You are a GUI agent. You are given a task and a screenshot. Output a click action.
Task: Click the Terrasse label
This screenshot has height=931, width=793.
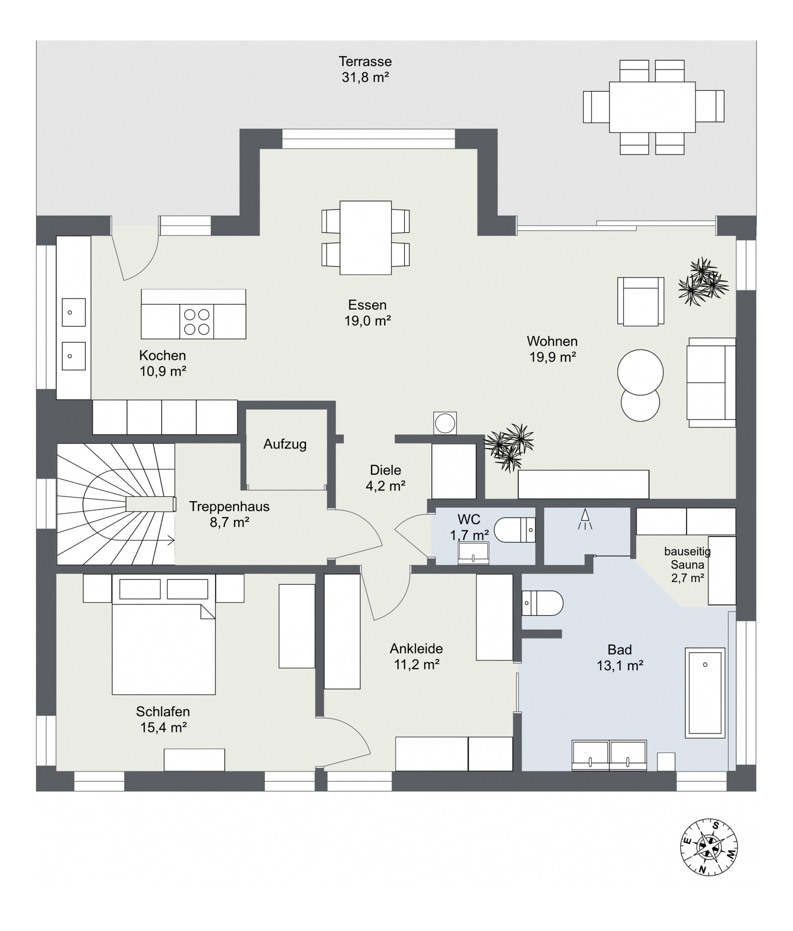(x=365, y=61)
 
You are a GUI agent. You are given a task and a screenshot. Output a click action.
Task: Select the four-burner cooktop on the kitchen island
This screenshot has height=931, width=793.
(x=196, y=322)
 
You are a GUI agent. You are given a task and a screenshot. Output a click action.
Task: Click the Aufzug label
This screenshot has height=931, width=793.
(x=285, y=444)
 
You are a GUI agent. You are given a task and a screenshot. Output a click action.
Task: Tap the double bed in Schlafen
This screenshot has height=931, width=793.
(x=163, y=634)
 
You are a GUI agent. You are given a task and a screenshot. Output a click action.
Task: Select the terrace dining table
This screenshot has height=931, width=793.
(x=652, y=107)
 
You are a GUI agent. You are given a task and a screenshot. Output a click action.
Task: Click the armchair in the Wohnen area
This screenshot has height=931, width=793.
(x=641, y=301)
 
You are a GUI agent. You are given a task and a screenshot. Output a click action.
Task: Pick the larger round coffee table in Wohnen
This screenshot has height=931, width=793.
(x=640, y=372)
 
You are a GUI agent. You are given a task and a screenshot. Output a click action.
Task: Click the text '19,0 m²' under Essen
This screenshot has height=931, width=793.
(x=368, y=321)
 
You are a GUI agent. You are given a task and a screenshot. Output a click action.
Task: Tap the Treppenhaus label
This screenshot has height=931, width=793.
(x=229, y=506)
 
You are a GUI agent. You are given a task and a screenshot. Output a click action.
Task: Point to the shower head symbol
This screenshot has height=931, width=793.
(x=585, y=519)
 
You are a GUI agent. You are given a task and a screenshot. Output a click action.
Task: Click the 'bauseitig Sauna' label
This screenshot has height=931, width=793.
(x=687, y=557)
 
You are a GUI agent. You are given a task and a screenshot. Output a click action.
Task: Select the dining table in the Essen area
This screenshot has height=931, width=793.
(x=365, y=238)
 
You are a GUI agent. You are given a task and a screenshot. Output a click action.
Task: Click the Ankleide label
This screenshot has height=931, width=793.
(x=416, y=648)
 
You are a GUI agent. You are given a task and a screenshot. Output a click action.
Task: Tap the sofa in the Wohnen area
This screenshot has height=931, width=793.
(x=711, y=383)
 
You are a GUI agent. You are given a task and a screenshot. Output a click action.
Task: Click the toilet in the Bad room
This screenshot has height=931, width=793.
(x=542, y=603)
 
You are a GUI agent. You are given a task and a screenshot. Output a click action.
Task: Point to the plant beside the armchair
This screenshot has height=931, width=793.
(x=703, y=282)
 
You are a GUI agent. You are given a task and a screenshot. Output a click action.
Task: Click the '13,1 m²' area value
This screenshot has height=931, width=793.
(x=620, y=666)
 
